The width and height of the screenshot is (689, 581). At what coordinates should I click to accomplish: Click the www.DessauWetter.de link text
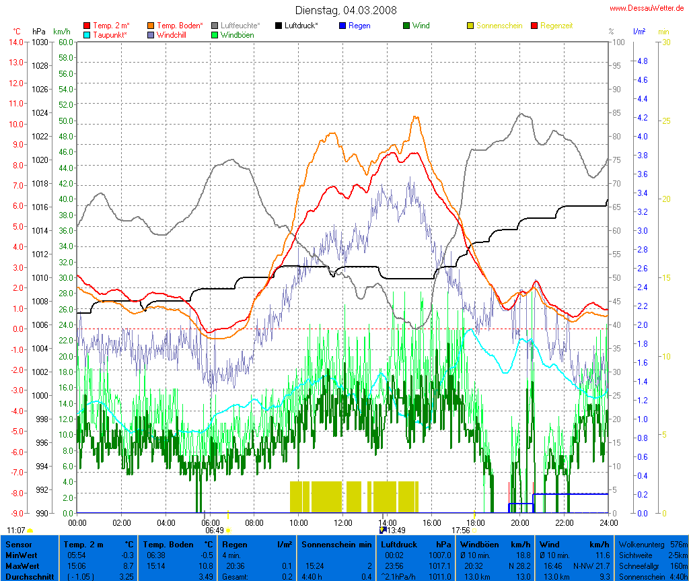pyautogui.click(x=647, y=8)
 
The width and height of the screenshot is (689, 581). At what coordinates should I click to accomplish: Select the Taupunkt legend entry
pyautogui.click(x=110, y=34)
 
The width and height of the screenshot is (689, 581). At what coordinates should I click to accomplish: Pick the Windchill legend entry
pyautogui.click(x=173, y=34)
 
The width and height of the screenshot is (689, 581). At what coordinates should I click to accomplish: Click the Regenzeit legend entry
pyautogui.click(x=556, y=26)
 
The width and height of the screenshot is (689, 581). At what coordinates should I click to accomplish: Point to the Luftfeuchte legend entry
pyautogui.click(x=240, y=26)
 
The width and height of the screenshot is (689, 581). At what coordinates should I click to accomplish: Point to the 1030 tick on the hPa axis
pyautogui.click(x=40, y=42)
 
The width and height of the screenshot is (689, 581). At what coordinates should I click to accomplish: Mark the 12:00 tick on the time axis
pyautogui.click(x=342, y=522)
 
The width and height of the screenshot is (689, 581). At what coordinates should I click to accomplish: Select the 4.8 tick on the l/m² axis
pyautogui.click(x=641, y=61)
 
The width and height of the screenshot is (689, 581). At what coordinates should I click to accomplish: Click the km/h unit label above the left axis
pyautogui.click(x=61, y=32)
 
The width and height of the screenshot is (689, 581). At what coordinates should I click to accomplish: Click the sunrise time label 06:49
pyautogui.click(x=213, y=530)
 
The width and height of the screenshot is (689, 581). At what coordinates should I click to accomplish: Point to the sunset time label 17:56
pyautogui.click(x=460, y=530)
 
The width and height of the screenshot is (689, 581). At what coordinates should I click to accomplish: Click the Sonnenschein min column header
pyautogui.click(x=336, y=544)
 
